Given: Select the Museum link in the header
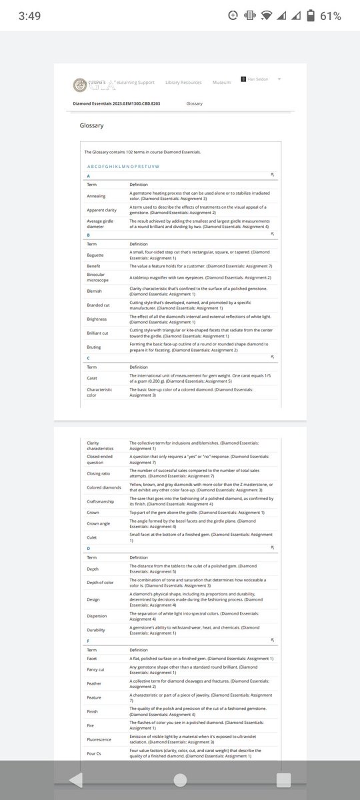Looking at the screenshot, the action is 221,82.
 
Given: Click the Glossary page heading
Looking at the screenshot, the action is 91,125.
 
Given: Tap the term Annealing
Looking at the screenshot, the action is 96,196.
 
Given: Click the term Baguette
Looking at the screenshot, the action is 95,255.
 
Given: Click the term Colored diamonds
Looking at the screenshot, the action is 103,487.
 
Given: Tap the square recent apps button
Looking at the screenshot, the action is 283,779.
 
